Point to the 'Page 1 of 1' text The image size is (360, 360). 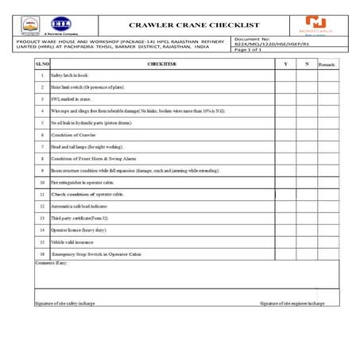[x=249, y=50]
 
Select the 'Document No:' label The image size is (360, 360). [x=254, y=38]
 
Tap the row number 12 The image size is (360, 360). [x=41, y=205]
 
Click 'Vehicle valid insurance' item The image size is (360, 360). [x=72, y=241]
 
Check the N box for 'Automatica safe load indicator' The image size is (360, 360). [x=306, y=205]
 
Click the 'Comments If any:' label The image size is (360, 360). [x=52, y=261]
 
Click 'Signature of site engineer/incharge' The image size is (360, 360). [x=292, y=303]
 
